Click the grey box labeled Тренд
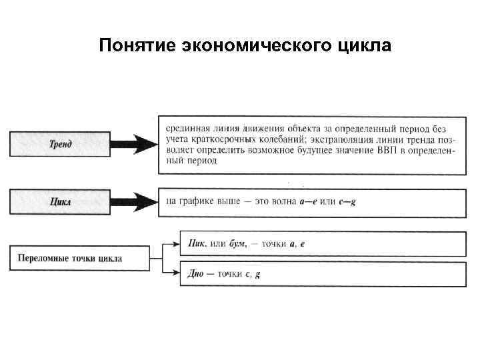tap(61, 143)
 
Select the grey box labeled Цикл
tap(61, 201)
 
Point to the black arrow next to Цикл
tap(137, 201)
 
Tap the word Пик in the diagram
tap(197, 244)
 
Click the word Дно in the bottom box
tap(197, 273)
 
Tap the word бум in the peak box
tap(236, 244)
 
